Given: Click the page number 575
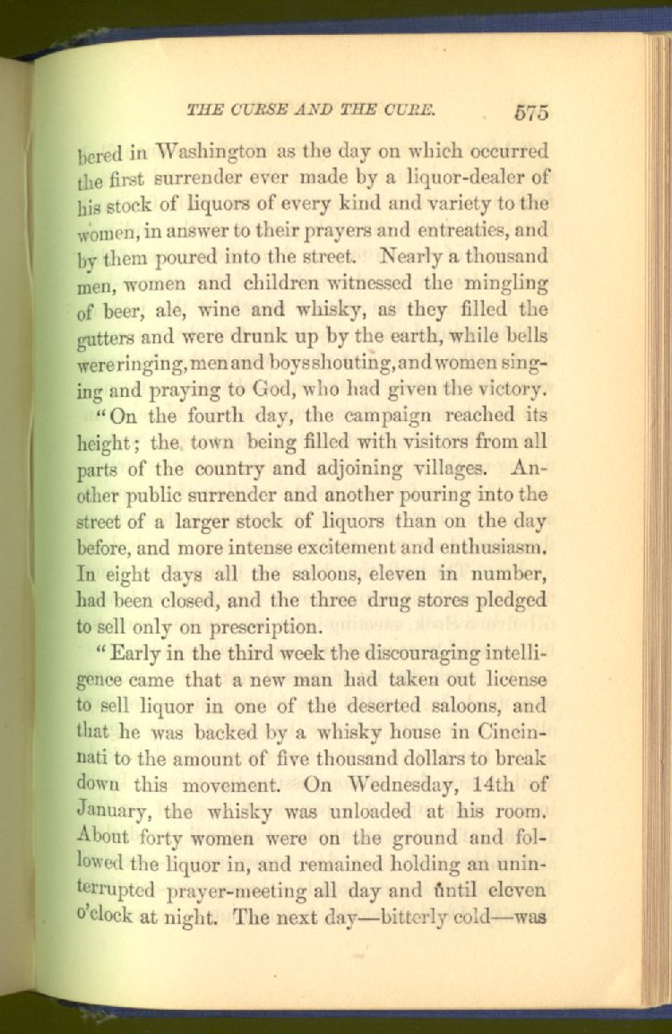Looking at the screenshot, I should [531, 113].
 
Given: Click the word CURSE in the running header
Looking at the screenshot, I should [253, 110].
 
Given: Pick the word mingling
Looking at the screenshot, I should [508, 284].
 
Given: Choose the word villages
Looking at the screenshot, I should [444, 469].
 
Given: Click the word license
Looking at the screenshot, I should [513, 680].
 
